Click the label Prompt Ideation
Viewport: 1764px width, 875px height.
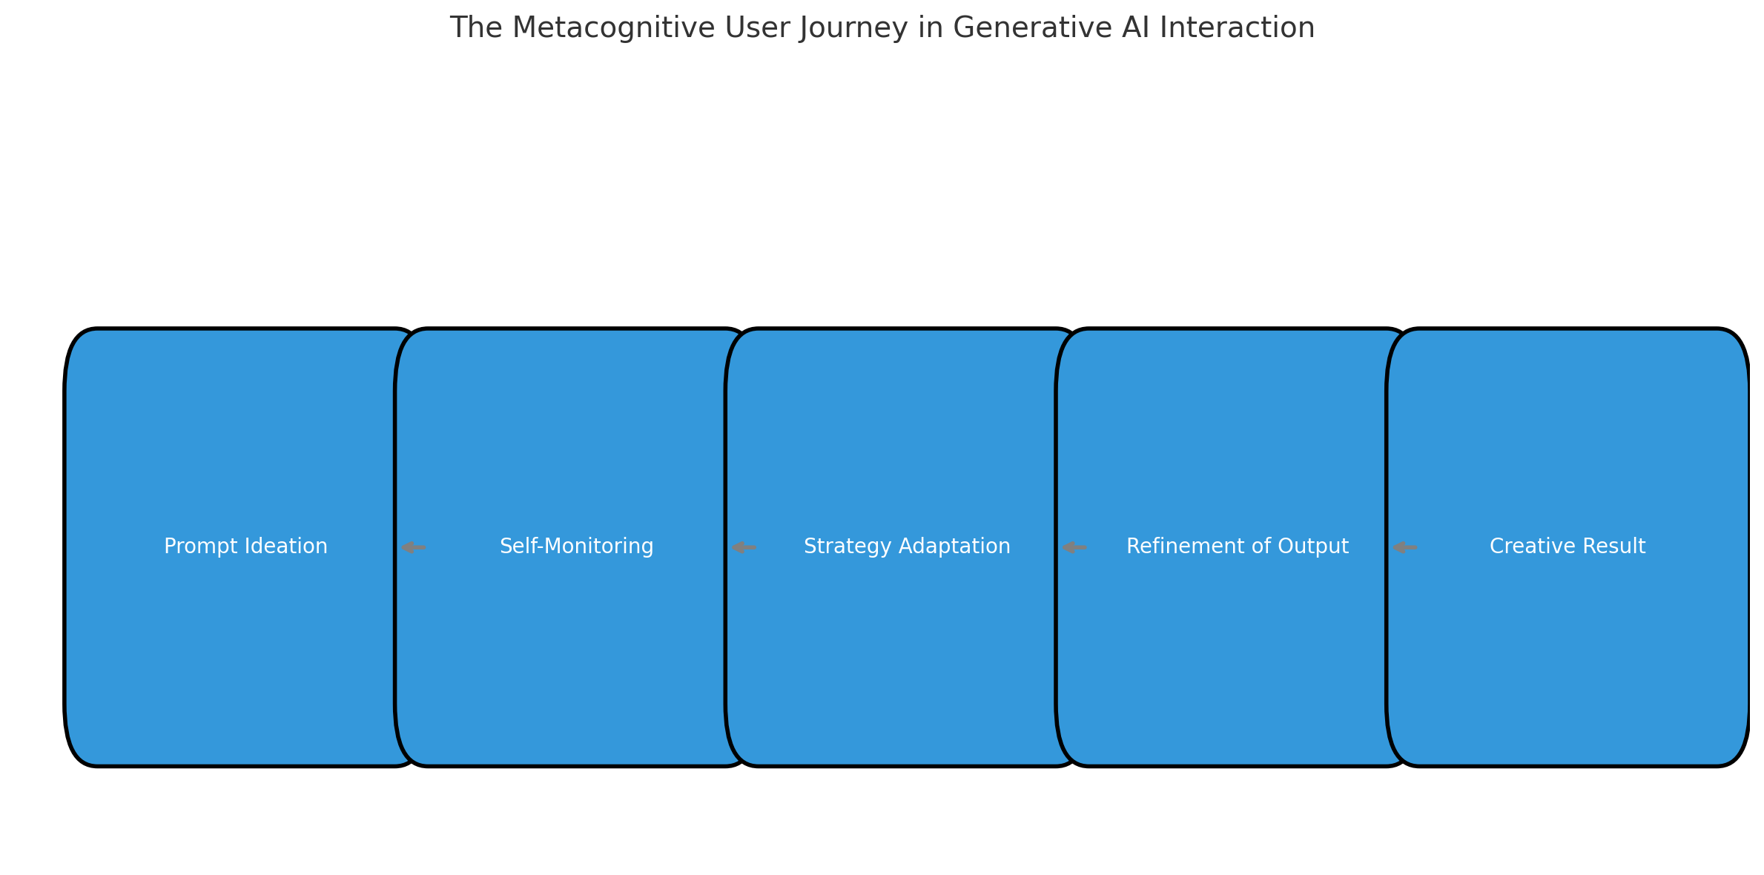click(245, 547)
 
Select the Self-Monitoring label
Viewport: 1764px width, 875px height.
click(577, 547)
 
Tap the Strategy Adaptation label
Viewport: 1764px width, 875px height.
click(907, 547)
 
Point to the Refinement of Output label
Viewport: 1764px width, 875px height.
click(1238, 547)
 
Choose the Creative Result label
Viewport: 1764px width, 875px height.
click(1568, 547)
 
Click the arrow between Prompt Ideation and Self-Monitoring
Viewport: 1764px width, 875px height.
click(413, 548)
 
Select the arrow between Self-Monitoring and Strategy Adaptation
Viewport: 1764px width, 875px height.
click(744, 548)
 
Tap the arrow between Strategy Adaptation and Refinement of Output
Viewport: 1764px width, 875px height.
click(1074, 548)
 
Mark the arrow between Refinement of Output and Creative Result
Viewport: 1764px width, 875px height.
click(1405, 548)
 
